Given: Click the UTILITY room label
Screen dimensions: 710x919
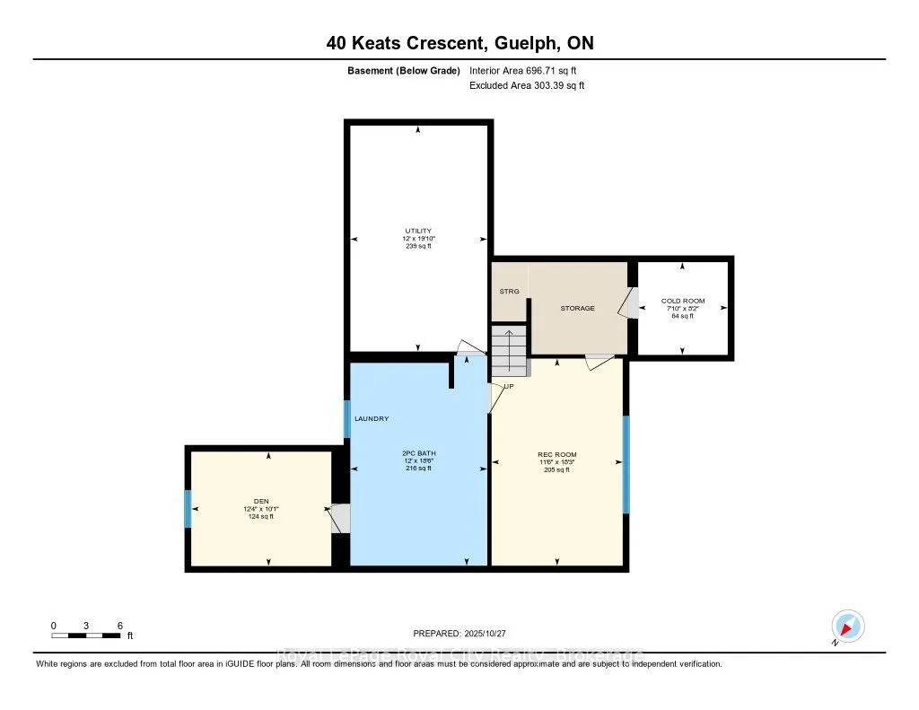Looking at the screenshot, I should pyautogui.click(x=418, y=231).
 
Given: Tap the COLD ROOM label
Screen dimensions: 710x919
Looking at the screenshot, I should pyautogui.click(x=683, y=301).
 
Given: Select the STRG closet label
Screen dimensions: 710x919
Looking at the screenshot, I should pyautogui.click(x=509, y=291).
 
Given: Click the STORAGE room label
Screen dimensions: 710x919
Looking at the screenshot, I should pyautogui.click(x=577, y=308).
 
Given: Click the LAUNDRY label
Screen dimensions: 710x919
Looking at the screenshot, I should pyautogui.click(x=371, y=419).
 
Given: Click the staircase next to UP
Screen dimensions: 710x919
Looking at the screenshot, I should pyautogui.click(x=508, y=350).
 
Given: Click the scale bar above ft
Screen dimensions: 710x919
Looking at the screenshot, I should pyautogui.click(x=86, y=635).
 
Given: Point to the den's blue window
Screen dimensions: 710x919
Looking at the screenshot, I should pyautogui.click(x=188, y=509).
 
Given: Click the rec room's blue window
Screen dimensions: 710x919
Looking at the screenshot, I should pyautogui.click(x=626, y=464).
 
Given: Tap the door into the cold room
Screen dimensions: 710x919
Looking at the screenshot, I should pyautogui.click(x=629, y=303).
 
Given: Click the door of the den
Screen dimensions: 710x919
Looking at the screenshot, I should pyautogui.click(x=339, y=519).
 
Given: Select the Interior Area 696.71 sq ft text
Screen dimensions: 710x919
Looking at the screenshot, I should pyautogui.click(x=528, y=71).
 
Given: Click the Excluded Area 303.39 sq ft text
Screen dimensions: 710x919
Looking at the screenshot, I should pyautogui.click(x=527, y=85).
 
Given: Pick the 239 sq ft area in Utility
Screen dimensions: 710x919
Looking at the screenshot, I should pyautogui.click(x=418, y=246).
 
